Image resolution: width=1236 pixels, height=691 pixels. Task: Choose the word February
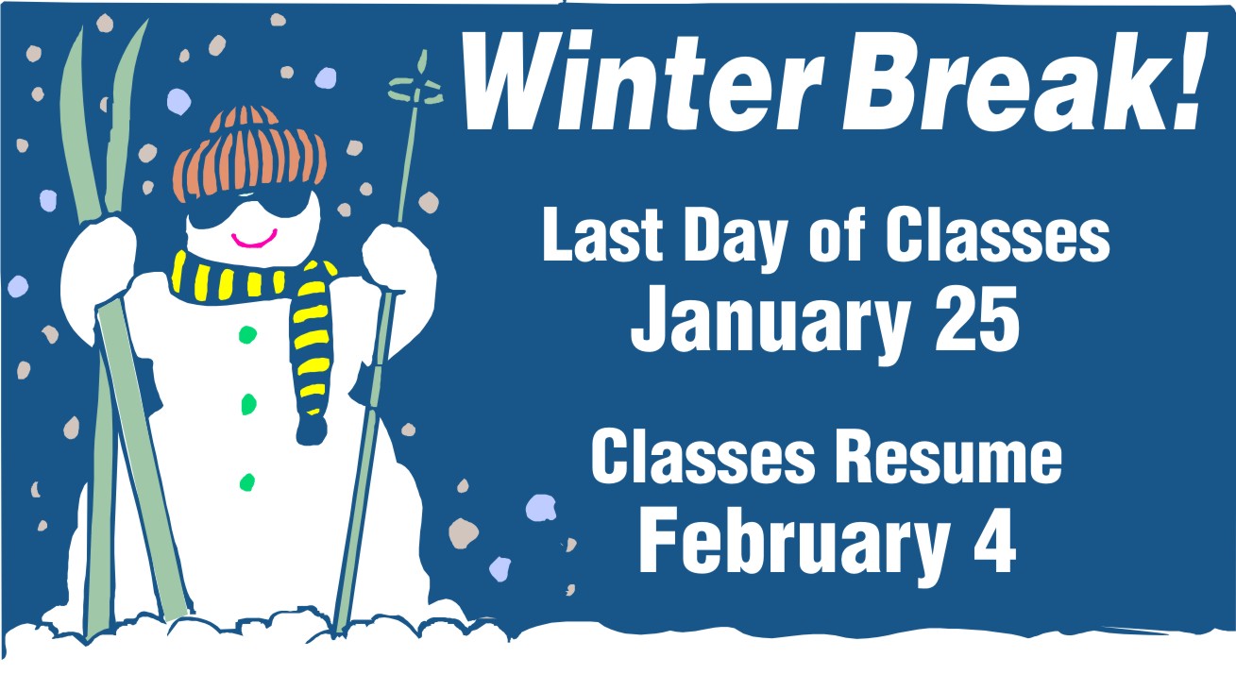point(790,541)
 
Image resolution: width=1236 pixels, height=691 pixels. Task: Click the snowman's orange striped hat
point(249,154)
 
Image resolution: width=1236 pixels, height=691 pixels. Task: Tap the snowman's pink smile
point(254,240)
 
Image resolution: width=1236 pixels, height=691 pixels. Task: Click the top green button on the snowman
point(247,334)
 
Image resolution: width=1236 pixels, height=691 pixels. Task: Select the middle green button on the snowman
point(249,404)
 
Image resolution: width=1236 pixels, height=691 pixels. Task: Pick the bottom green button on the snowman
point(247,482)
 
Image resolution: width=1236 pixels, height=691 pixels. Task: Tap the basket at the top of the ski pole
point(415,90)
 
